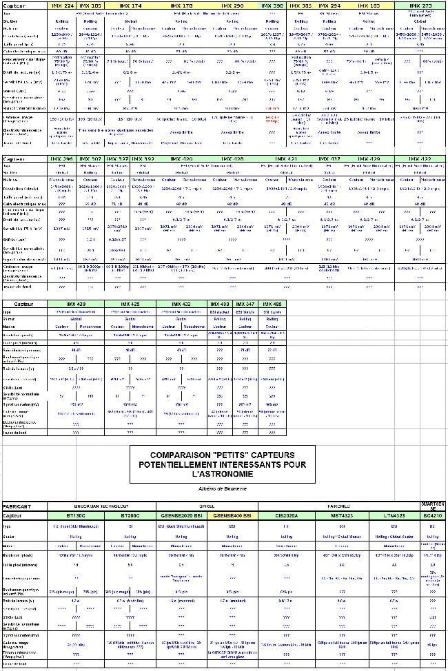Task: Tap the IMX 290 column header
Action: [x=234, y=6]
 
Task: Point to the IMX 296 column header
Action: [x=62, y=159]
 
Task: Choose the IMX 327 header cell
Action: [x=119, y=159]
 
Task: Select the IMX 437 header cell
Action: [x=329, y=159]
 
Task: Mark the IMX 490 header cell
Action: [x=220, y=304]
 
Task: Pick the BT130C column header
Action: [x=75, y=515]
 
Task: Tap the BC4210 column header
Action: [x=433, y=515]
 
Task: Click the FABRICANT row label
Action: [x=18, y=506]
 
